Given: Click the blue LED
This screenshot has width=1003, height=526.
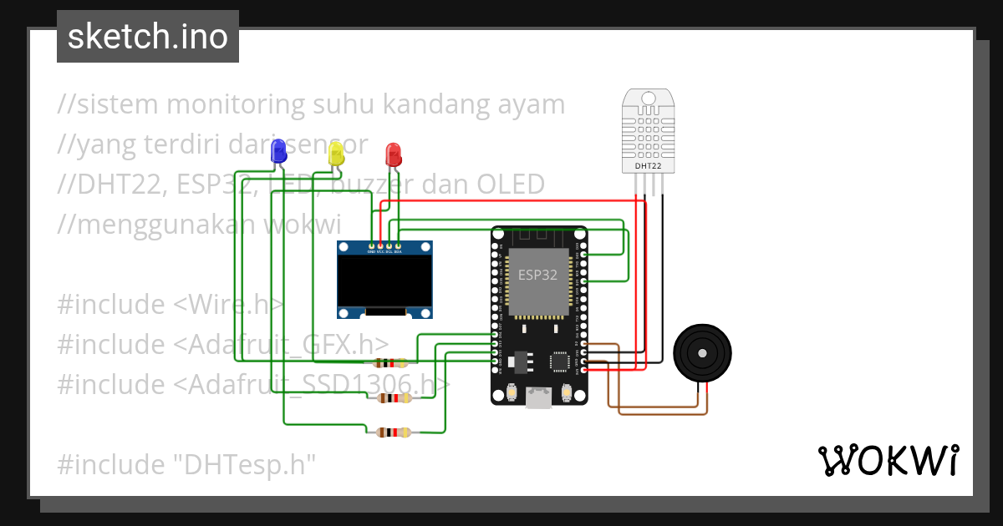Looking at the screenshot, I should click(x=278, y=151).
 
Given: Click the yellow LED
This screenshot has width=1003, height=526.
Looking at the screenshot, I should click(x=336, y=153).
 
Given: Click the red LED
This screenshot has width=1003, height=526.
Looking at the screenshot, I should click(x=393, y=154).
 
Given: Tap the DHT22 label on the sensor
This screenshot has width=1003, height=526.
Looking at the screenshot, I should click(x=648, y=166).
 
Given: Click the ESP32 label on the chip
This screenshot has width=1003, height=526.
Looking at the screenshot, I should click(x=537, y=275).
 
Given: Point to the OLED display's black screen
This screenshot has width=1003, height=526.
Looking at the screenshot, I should click(x=385, y=281).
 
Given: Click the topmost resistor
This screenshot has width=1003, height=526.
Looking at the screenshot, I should click(x=391, y=363).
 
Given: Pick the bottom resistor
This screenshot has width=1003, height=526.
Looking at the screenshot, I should click(x=391, y=432).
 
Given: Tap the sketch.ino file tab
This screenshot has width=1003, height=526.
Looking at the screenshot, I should click(x=148, y=37).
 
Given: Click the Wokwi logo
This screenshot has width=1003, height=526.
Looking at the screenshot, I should click(x=887, y=460).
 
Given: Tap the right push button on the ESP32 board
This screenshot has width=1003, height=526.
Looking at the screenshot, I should click(x=568, y=392).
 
